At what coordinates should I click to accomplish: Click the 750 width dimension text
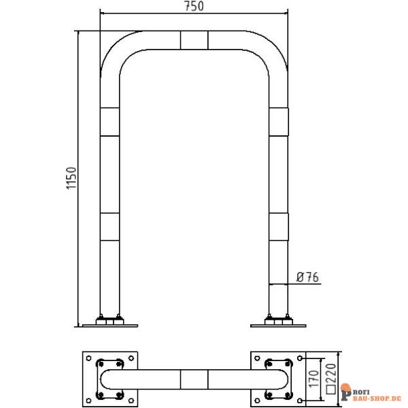tap(193, 6)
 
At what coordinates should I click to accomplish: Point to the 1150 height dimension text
tap(72, 179)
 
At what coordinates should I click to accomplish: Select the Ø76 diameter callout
tap(307, 277)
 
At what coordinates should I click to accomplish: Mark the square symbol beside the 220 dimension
tap(333, 390)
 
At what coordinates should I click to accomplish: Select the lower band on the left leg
tap(109, 228)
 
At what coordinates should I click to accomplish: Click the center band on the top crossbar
tap(194, 39)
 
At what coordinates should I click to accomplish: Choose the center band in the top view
tap(194, 377)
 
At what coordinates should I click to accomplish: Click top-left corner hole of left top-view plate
tap(88, 357)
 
